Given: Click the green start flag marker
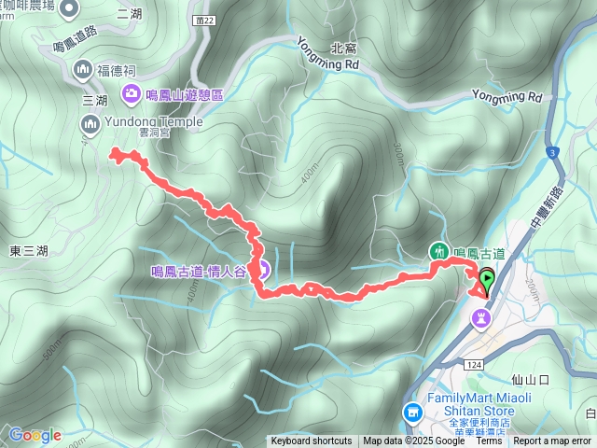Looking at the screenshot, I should pos(487,278).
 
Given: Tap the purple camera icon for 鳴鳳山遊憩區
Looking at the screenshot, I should pos(132,93).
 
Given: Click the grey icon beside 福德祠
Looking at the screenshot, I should pos(83,69).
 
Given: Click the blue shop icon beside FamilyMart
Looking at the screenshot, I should pos(411,411).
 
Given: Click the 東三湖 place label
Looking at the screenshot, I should pos(29,250).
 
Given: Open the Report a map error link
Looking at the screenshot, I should pos(552,441).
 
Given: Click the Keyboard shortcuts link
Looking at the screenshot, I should pos(311,441).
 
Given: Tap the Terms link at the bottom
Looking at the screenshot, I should pos(490,441).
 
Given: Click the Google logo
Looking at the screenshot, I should pos(35,435).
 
